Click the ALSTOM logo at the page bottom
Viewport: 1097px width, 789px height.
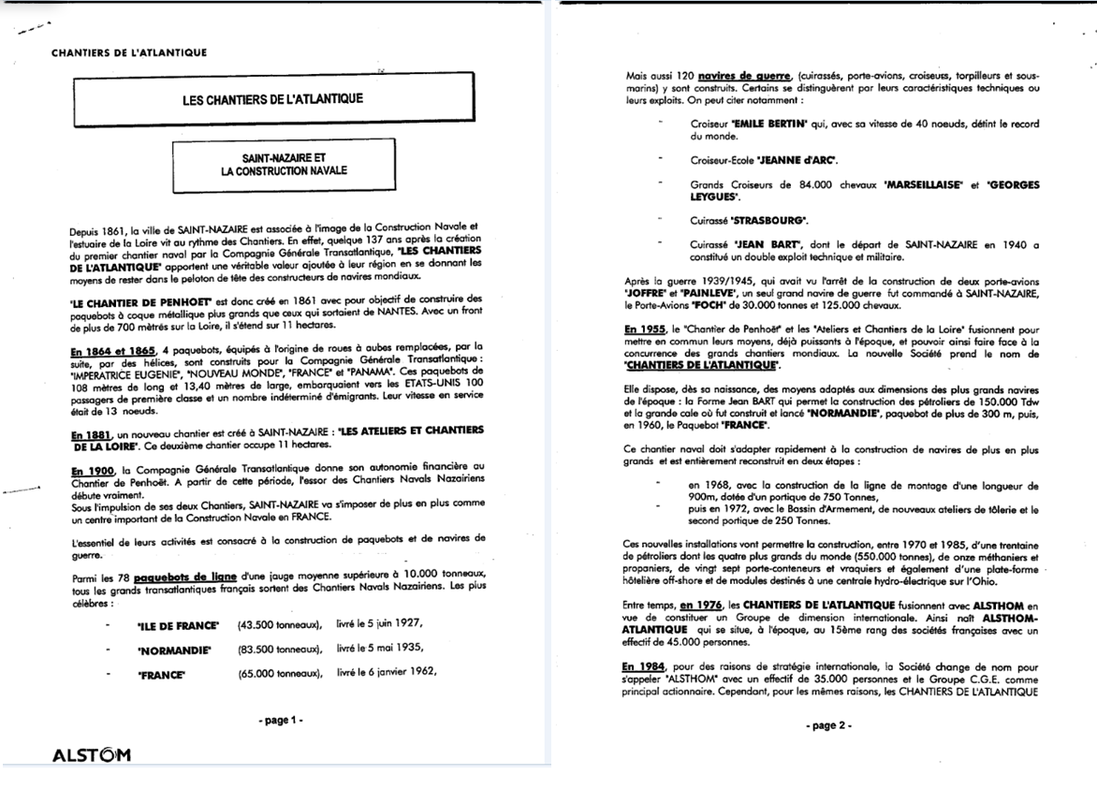pyautogui.click(x=90, y=755)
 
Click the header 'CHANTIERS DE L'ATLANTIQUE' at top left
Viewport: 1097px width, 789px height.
pyautogui.click(x=130, y=52)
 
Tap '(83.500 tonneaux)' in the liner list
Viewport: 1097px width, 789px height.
pyautogui.click(x=280, y=648)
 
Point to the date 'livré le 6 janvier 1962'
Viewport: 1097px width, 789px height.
pyautogui.click(x=387, y=672)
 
